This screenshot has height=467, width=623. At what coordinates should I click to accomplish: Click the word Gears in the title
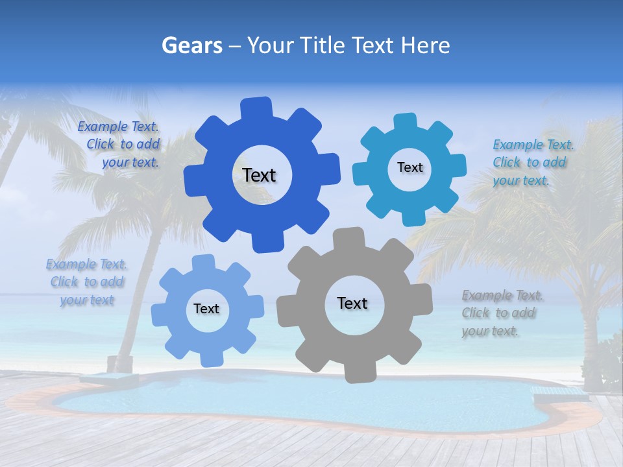coord(191,45)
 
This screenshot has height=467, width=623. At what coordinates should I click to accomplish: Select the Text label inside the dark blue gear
coord(259,175)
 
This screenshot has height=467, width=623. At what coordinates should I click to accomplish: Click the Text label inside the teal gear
coord(409,167)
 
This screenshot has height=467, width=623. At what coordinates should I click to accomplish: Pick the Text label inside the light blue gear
coord(206,309)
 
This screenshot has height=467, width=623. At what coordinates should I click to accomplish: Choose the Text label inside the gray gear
coord(352,303)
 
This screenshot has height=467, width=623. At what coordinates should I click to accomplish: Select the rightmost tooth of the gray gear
coord(422,300)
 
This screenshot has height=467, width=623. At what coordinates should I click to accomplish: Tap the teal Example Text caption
coord(532,163)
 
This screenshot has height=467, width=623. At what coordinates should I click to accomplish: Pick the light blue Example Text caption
coord(87,282)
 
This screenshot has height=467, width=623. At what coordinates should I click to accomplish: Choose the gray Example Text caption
coord(502,313)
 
